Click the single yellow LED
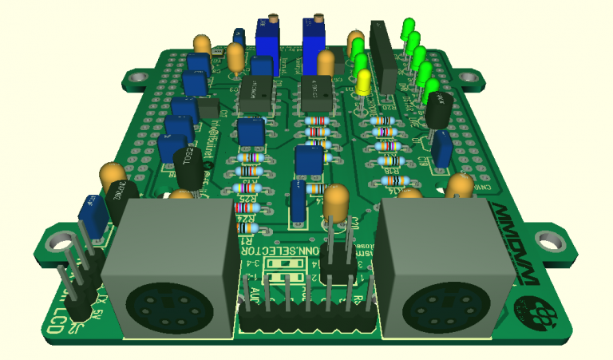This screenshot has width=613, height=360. [x=363, y=81]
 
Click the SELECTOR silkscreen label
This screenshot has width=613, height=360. [x=279, y=251]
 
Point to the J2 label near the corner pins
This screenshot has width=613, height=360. [x=77, y=327]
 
